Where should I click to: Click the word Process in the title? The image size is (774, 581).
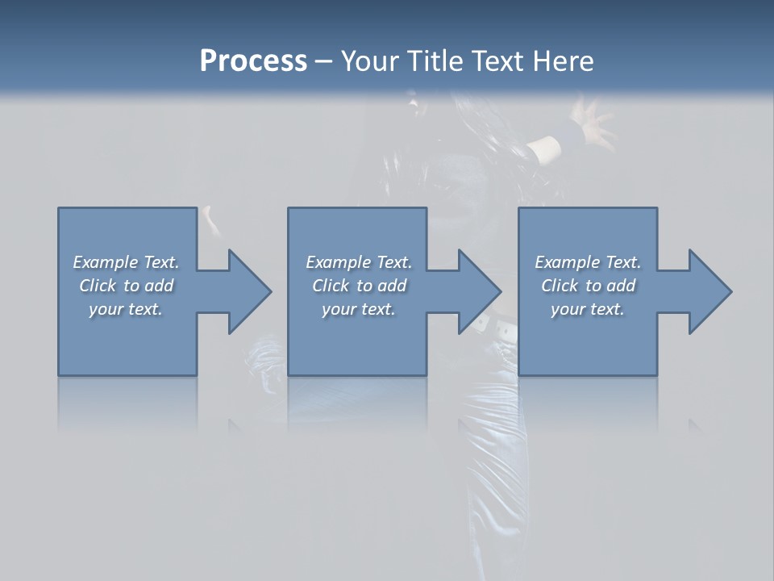(253, 61)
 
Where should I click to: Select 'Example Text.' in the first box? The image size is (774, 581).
(126, 262)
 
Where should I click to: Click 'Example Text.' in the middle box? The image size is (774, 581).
(359, 262)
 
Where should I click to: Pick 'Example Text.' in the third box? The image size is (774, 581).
(588, 262)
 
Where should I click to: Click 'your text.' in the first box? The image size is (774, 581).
(126, 309)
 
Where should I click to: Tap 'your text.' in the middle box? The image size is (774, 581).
(359, 309)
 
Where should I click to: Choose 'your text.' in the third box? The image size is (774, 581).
(588, 309)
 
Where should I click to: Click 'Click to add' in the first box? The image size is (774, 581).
(126, 286)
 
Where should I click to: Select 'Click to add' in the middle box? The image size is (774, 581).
(359, 286)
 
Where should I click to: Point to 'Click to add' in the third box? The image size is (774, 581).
(588, 286)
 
